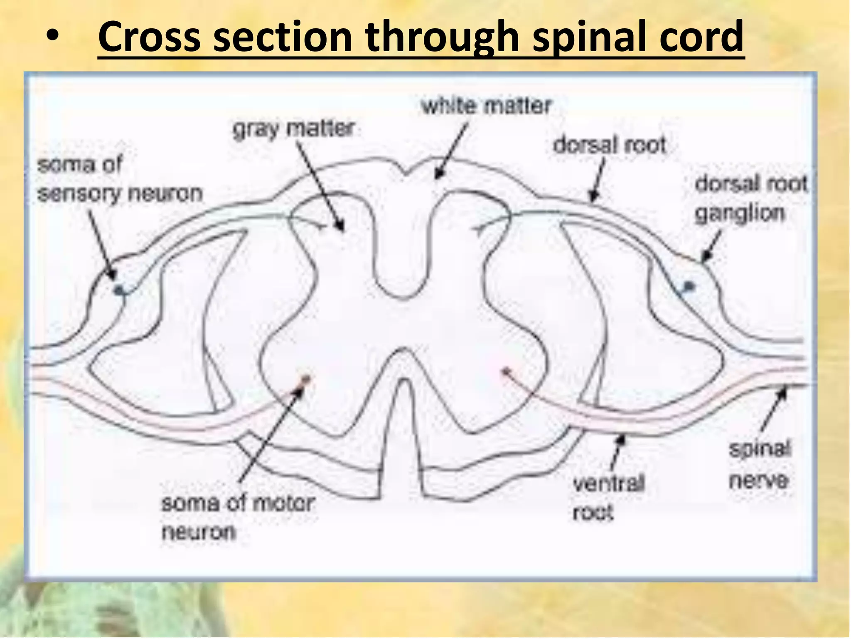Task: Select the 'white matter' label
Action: (486, 106)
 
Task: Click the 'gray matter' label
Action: (293, 129)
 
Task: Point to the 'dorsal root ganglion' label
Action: (750, 198)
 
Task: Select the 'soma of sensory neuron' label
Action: (120, 179)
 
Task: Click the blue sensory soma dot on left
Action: (119, 290)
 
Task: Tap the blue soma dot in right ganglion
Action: (689, 286)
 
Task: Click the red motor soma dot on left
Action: (305, 379)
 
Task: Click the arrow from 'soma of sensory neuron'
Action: (102, 245)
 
